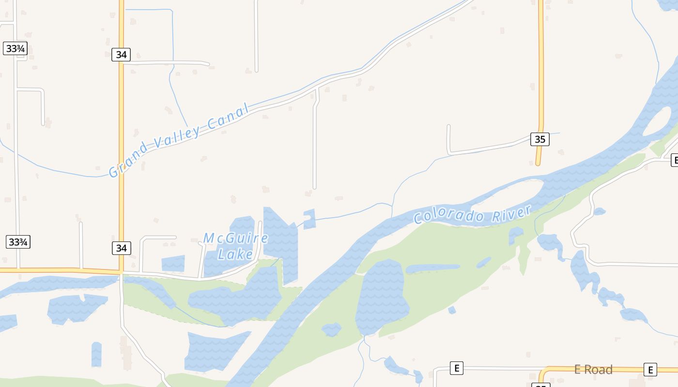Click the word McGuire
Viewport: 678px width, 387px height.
point(236,238)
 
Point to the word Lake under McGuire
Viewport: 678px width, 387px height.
point(235,254)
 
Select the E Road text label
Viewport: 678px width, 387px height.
point(593,370)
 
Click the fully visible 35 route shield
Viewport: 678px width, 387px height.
point(540,139)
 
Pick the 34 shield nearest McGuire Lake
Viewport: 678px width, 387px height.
point(121,248)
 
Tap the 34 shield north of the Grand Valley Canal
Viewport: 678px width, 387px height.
point(121,55)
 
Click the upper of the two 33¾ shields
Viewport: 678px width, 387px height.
point(15,48)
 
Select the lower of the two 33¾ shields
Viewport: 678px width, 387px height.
point(18,242)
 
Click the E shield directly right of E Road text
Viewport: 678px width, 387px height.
point(650,369)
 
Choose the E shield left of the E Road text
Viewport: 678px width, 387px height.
point(456,368)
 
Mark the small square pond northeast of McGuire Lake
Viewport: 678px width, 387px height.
point(309,219)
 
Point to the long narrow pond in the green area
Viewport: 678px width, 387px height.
point(432,268)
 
